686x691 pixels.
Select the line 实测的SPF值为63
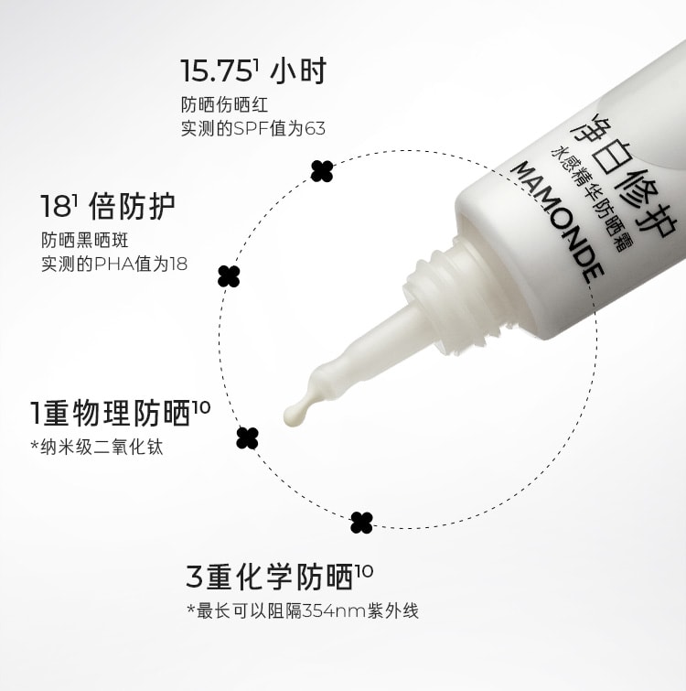[253, 128]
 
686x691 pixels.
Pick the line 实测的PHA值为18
[114, 264]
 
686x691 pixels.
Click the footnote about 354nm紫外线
[302, 610]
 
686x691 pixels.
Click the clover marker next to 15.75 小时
[321, 170]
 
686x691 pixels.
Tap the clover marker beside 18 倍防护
[229, 275]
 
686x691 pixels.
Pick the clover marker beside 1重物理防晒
[247, 437]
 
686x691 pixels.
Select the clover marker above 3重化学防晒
[362, 523]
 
